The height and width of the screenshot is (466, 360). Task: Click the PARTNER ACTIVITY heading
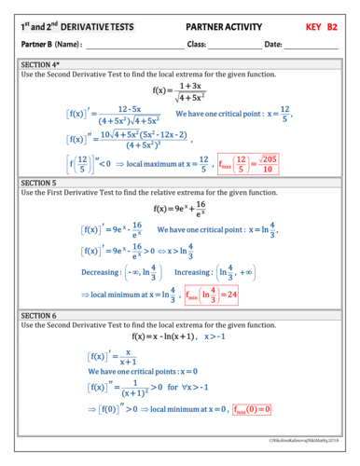click(229, 27)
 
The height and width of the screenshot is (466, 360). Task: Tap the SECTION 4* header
click(41, 64)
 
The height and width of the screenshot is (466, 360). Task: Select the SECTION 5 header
click(39, 184)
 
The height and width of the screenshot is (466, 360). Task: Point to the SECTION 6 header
click(39, 316)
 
